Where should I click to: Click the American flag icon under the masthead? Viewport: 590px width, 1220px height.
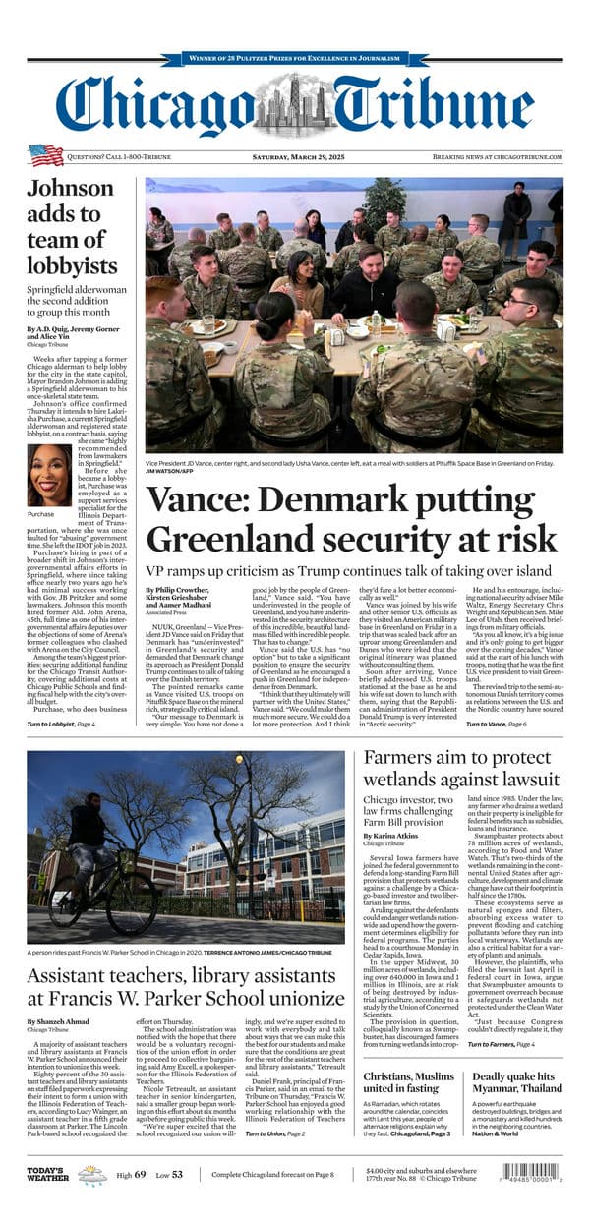pos(45,155)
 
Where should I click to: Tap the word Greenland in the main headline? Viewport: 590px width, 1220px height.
pos(233,539)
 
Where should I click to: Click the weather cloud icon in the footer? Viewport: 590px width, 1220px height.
pos(92,1174)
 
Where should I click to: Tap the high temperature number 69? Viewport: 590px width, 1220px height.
pos(140,1174)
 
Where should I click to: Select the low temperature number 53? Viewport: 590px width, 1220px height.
pos(177,1174)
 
